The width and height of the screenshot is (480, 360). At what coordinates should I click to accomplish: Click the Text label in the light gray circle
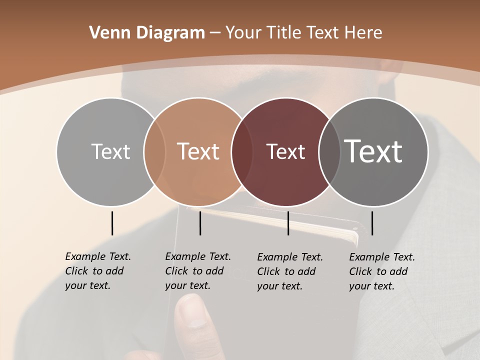(x=110, y=151)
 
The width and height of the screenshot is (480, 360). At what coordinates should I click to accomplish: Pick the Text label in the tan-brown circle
(x=198, y=151)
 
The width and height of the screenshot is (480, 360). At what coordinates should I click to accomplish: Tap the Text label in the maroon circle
(x=285, y=151)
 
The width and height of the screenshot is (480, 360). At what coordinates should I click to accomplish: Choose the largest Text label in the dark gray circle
(x=373, y=151)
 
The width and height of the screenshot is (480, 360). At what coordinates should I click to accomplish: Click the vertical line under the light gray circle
(x=112, y=223)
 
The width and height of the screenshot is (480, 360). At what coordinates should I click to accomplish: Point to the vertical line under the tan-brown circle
(x=200, y=223)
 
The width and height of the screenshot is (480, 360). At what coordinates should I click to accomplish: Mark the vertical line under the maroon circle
(x=288, y=223)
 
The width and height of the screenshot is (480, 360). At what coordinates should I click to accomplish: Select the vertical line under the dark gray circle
(x=372, y=223)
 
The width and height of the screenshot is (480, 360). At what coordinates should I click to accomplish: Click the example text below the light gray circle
(x=97, y=271)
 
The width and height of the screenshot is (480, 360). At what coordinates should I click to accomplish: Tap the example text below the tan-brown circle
(x=197, y=271)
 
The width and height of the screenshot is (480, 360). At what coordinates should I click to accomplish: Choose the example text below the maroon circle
(x=289, y=271)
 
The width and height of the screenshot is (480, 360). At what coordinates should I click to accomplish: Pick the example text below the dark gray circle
(x=381, y=271)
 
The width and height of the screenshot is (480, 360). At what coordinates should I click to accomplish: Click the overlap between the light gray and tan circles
(x=154, y=151)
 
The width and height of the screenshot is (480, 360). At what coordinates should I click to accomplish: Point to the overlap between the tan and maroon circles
(x=242, y=151)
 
